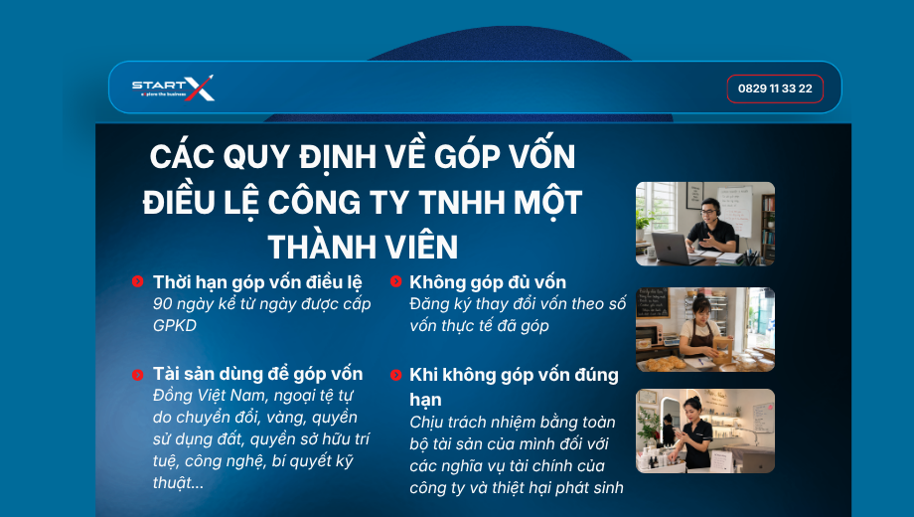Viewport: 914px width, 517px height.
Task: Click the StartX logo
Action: (173, 88)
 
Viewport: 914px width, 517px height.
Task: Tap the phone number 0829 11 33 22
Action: (775, 88)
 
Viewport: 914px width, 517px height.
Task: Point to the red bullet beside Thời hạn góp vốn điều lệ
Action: (137, 281)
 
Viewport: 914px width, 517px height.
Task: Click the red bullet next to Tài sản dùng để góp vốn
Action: (137, 374)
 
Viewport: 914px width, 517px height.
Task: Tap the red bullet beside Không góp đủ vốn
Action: (395, 281)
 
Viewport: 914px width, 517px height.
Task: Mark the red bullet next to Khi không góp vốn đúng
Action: (395, 375)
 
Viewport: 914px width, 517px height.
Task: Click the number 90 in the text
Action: (163, 304)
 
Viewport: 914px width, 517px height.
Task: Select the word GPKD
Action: (175, 325)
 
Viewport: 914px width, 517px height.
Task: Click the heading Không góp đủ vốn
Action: (488, 282)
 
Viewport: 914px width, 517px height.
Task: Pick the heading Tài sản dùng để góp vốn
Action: (257, 374)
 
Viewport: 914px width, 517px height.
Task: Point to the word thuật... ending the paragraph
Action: (179, 482)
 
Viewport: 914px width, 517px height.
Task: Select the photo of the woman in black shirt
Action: (705, 431)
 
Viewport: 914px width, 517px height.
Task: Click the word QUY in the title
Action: (256, 157)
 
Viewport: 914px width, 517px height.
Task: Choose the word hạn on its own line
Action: (425, 400)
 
